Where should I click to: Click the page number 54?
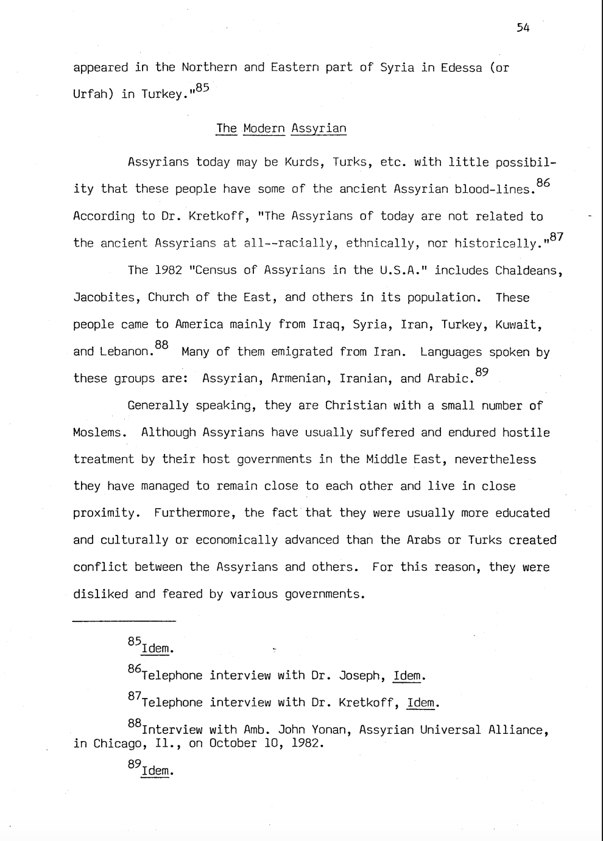pos(523,28)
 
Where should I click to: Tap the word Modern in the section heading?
pos(264,128)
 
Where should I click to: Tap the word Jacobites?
pos(104,298)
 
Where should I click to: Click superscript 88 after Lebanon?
pos(161,345)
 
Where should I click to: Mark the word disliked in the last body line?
pos(100,594)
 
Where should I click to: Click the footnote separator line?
pos(124,621)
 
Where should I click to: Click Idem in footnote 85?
pos(157,649)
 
